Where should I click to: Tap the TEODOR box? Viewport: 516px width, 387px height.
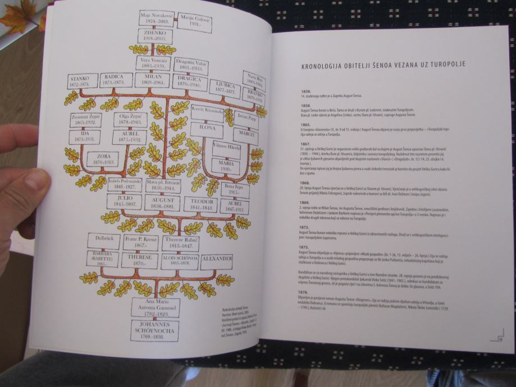tap(200, 204)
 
